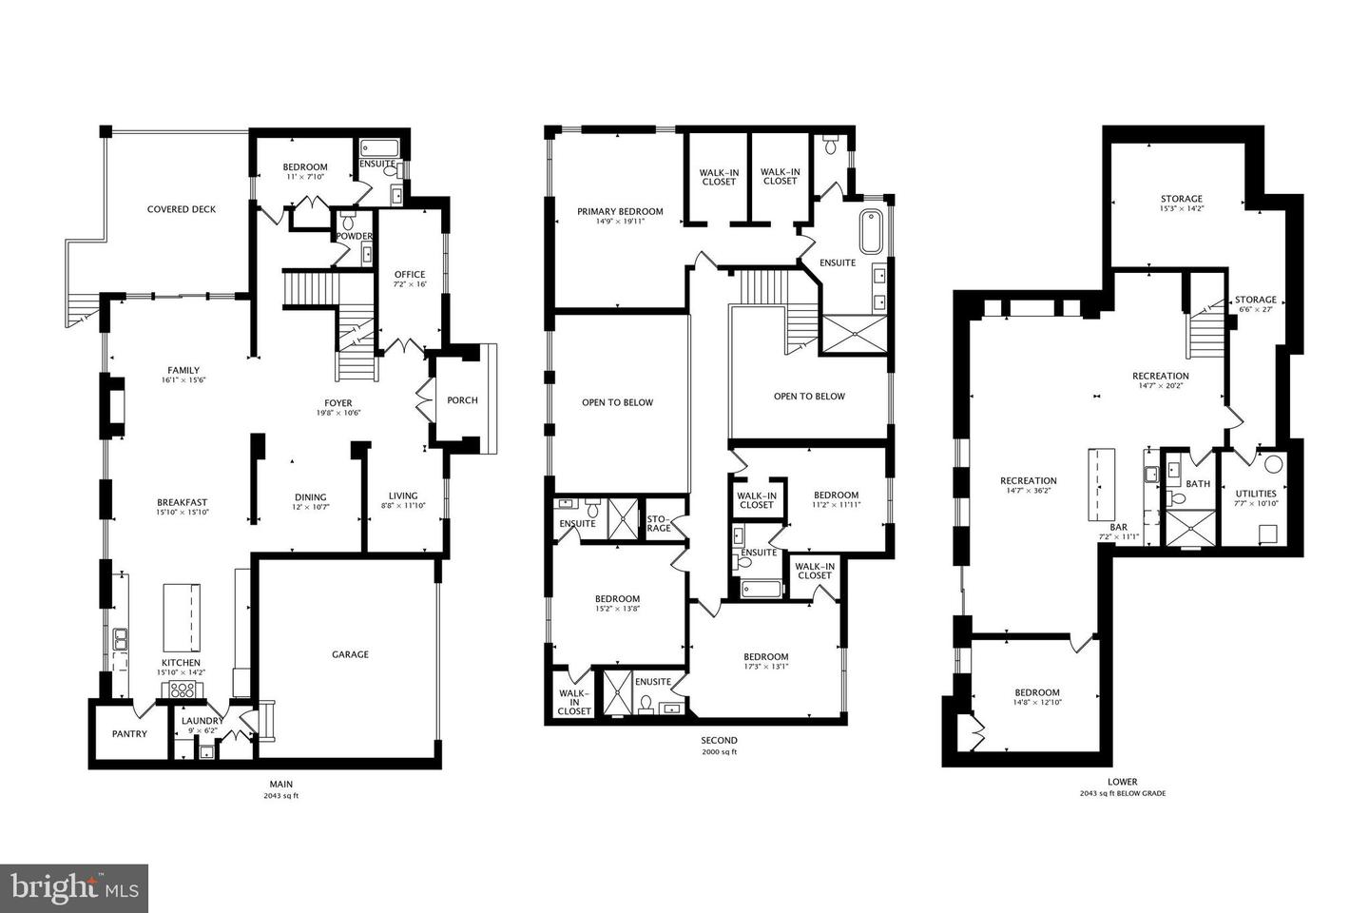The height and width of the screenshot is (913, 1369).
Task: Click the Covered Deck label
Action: click(181, 209)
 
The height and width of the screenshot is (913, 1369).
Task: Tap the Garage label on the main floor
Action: click(350, 654)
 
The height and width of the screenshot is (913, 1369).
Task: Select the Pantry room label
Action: click(129, 733)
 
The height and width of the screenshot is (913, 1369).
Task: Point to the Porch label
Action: click(462, 400)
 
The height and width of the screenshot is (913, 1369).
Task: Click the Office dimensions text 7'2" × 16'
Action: click(410, 285)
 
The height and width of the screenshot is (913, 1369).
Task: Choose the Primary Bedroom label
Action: click(620, 212)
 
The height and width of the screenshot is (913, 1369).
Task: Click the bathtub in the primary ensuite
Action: click(871, 231)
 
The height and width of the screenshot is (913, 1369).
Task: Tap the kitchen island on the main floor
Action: click(183, 615)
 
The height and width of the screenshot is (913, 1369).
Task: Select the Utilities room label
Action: click(1256, 494)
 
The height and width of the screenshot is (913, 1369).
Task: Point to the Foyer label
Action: click(337, 403)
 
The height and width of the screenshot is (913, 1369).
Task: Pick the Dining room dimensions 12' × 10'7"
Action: click(310, 508)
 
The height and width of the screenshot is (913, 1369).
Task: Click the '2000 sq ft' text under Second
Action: click(719, 752)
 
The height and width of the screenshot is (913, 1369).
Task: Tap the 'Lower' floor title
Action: click(1122, 782)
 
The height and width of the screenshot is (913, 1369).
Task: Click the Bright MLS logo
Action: click(73, 888)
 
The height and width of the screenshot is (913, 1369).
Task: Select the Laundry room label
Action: click(202, 721)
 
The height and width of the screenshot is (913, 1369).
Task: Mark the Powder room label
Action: click(355, 236)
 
